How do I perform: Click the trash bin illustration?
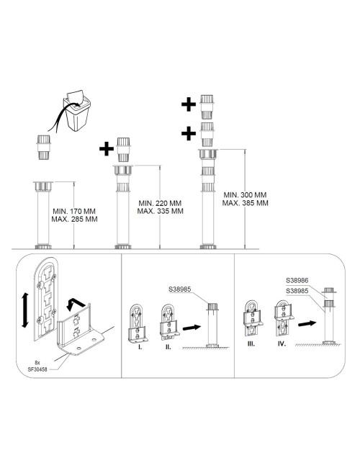(77, 110)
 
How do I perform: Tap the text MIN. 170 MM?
(74, 211)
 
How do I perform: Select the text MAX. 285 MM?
(74, 219)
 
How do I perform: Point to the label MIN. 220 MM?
(160, 203)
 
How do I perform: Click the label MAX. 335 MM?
(161, 211)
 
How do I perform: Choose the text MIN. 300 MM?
(245, 195)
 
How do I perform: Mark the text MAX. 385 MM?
(245, 203)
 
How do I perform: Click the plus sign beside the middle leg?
(107, 148)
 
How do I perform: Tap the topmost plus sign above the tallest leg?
(189, 104)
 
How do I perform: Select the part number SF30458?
(37, 369)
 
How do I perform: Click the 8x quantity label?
(37, 363)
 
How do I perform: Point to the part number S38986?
(297, 280)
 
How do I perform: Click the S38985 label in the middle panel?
(180, 289)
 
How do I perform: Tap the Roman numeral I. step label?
(140, 347)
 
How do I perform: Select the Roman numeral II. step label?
(168, 347)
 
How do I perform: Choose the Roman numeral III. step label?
(251, 344)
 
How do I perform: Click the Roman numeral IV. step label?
(282, 344)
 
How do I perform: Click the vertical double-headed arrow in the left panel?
(25, 310)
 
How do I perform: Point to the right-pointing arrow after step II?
(192, 327)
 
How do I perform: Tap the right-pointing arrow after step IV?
(307, 323)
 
